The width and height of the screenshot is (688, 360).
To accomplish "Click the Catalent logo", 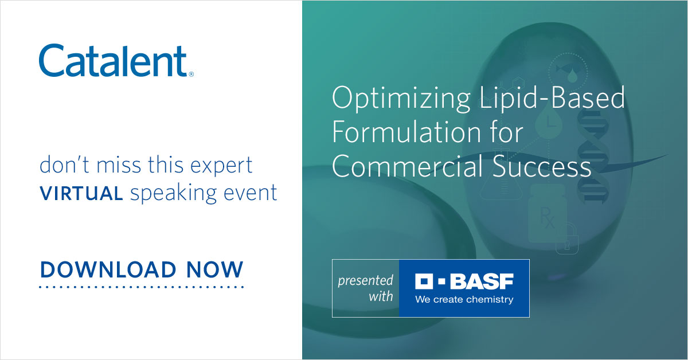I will click(114, 61).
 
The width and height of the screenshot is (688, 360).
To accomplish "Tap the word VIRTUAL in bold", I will click(81, 194).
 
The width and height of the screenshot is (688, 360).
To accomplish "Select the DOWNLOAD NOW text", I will click(142, 269).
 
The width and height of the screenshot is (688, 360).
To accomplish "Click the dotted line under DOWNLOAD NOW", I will click(142, 286).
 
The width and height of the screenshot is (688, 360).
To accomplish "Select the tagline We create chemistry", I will click(464, 299).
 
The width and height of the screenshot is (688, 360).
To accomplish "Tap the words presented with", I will click(365, 288).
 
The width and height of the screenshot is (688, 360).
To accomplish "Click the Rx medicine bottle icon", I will click(547, 214).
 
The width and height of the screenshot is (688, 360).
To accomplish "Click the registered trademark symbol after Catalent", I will click(191, 74).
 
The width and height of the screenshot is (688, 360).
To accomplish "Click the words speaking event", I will click(204, 194).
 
